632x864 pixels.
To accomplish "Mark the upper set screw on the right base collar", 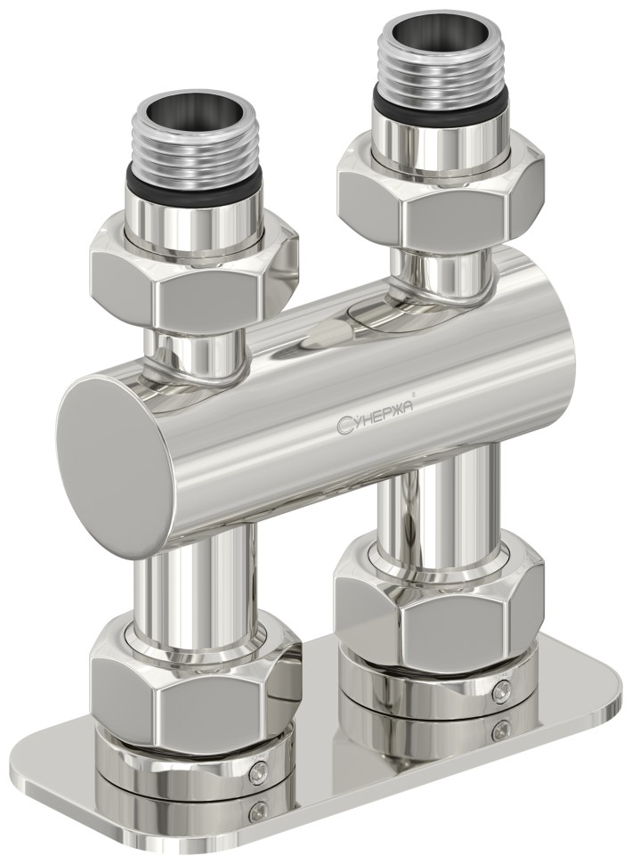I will [x=504, y=687].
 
